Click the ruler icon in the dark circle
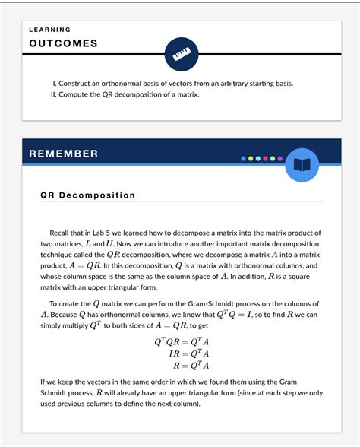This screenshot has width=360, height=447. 181,54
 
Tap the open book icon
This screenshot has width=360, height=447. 302,165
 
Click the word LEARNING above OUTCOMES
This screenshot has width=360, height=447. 50,30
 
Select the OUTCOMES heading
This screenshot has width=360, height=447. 63,43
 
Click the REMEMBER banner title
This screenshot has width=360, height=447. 64,154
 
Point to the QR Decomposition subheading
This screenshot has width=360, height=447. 87,195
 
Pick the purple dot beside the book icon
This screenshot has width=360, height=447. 280,159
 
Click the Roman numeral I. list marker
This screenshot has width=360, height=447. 54,83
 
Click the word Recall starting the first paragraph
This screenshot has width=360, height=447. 61,233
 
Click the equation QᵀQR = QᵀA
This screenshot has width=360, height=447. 182,341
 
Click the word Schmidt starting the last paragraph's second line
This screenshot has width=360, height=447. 57,392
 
